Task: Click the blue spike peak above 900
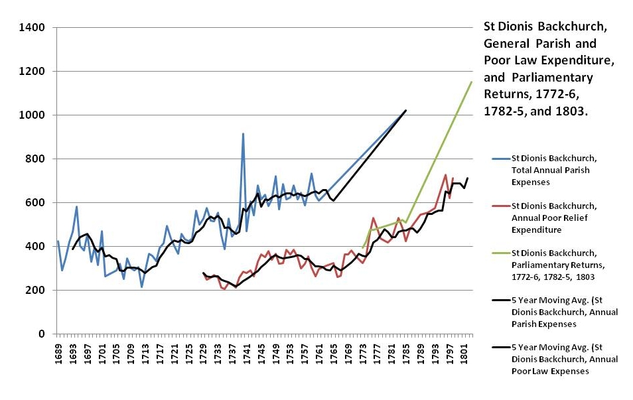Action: [243, 134]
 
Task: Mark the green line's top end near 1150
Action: [471, 82]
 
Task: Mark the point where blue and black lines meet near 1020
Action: [405, 110]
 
